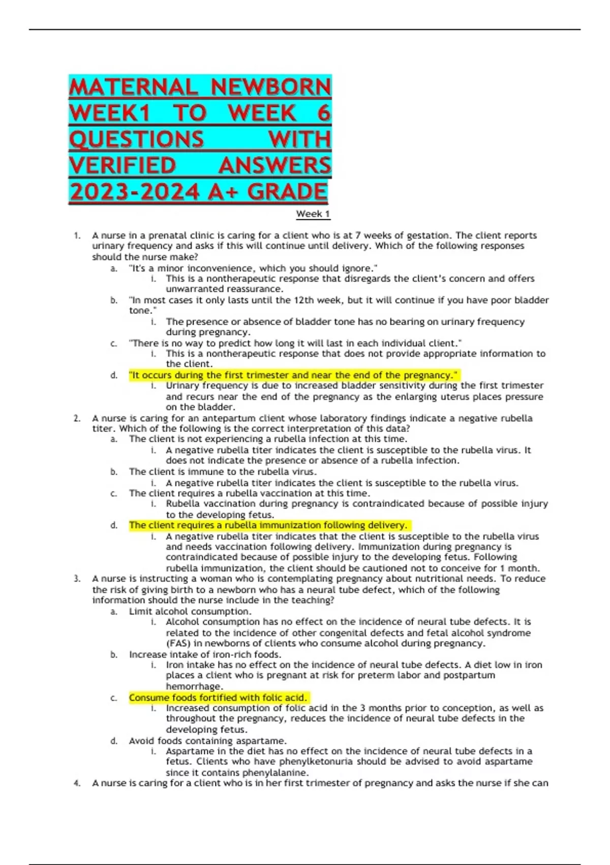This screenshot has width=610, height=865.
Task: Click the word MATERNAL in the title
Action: click(x=133, y=88)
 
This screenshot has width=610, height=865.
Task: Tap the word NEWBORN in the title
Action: click(x=271, y=88)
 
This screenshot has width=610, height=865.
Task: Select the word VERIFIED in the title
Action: click(x=123, y=166)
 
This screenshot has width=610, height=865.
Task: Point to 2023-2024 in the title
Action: click(x=135, y=192)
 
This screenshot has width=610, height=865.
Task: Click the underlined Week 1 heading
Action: click(x=313, y=214)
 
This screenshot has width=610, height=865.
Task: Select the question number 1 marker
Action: click(x=77, y=236)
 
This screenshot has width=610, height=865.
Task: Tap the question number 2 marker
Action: click(x=77, y=418)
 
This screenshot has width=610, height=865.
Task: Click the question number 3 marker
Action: click(x=77, y=579)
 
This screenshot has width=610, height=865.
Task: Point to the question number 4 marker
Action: click(x=77, y=783)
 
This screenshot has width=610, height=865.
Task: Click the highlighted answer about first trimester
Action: click(x=294, y=375)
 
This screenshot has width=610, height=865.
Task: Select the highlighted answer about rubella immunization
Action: click(x=268, y=525)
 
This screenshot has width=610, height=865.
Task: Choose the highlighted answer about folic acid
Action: click(x=218, y=698)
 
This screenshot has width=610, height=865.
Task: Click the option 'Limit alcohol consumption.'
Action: click(x=190, y=611)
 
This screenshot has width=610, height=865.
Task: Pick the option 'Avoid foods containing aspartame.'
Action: click(x=208, y=741)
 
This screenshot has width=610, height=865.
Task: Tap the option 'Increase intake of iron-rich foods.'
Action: click(x=205, y=654)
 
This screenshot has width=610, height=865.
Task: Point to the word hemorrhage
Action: click(x=194, y=686)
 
